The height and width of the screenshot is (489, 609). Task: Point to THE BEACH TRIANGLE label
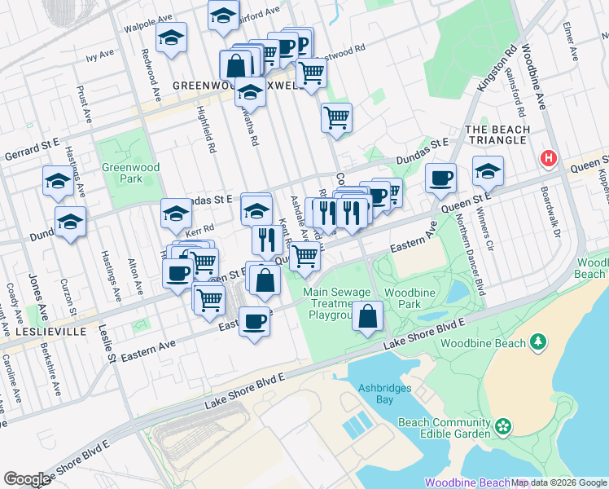496,134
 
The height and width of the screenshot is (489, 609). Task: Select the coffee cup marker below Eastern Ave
255,321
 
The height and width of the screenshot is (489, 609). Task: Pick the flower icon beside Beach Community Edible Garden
503,425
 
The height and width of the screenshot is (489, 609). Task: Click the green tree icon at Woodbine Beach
537,343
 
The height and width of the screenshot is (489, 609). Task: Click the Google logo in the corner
28,478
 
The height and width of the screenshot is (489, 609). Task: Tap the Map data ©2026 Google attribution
559,482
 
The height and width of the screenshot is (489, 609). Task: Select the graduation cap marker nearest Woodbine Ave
488,171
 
